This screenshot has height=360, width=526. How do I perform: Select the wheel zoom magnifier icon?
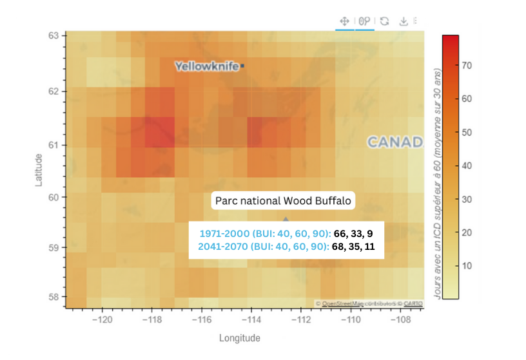tap(365, 21)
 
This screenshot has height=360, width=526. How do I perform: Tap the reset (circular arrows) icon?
tap(384, 21)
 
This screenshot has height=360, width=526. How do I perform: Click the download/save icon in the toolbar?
tap(404, 21)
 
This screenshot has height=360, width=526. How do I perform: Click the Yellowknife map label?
tap(206, 66)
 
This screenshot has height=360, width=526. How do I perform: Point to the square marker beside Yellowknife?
tap(243, 66)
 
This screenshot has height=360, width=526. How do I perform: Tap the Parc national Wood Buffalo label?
tap(284, 201)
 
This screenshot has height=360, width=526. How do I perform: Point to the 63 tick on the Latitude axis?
tap(55, 35)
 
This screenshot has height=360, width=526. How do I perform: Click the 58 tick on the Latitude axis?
tap(55, 297)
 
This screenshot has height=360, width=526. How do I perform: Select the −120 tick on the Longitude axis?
tap(102, 319)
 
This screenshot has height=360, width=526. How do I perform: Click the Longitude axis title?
tap(239, 338)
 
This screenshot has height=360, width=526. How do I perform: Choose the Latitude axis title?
tap(39, 169)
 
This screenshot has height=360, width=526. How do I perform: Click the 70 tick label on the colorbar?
tap(468, 65)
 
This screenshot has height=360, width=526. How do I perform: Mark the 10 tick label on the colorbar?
tap(468, 265)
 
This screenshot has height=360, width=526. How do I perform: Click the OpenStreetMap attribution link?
tap(342, 303)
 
